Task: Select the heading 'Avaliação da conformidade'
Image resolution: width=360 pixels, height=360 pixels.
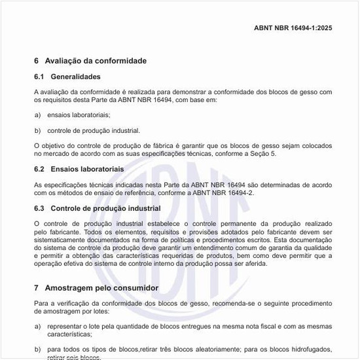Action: click(x=96, y=61)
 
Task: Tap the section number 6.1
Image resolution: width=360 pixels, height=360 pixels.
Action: click(x=39, y=77)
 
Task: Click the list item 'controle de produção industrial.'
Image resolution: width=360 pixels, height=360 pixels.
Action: click(x=94, y=130)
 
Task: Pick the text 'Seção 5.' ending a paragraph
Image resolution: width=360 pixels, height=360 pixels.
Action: click(x=264, y=153)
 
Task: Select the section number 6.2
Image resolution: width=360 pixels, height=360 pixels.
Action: click(x=39, y=169)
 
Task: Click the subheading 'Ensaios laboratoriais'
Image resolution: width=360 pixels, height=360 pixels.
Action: click(x=87, y=169)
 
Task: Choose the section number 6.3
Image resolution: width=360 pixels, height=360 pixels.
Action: click(x=39, y=208)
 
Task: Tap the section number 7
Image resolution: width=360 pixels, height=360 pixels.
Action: click(x=36, y=288)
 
